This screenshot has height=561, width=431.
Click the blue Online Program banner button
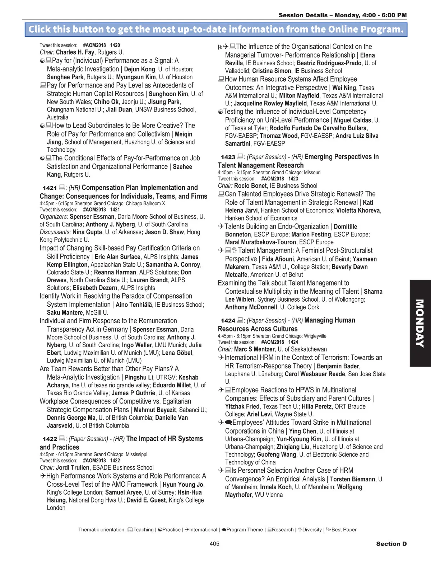(x=216, y=29)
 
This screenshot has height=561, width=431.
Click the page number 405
(x=214, y=544)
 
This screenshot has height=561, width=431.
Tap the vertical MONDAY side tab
(x=420, y=323)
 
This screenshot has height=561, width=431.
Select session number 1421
(x=50, y=188)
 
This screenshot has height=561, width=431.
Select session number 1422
(x=50, y=439)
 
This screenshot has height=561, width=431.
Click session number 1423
(x=228, y=157)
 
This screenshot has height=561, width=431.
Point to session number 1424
(x=228, y=321)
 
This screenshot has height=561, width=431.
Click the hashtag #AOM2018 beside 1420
(x=94, y=45)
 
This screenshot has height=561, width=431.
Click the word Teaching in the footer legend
(x=143, y=530)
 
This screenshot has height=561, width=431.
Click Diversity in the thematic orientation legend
(x=312, y=530)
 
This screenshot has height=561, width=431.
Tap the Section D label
(x=391, y=544)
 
